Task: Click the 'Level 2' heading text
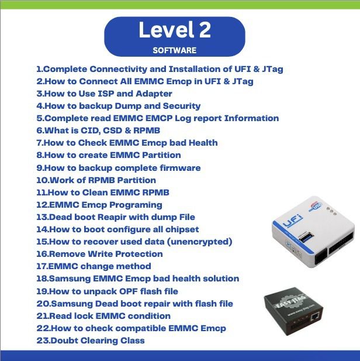pos(175,29)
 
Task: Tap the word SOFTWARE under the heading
pos(175,50)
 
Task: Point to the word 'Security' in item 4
pos(182,106)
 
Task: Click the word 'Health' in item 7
pos(203,143)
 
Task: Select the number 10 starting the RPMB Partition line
pos(42,180)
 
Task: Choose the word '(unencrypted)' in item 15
pos(199,242)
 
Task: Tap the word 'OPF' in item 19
pos(127,291)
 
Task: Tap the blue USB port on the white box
pos(306,238)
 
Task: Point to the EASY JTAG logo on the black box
pos(292,301)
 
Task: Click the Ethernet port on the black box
pos(314,317)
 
